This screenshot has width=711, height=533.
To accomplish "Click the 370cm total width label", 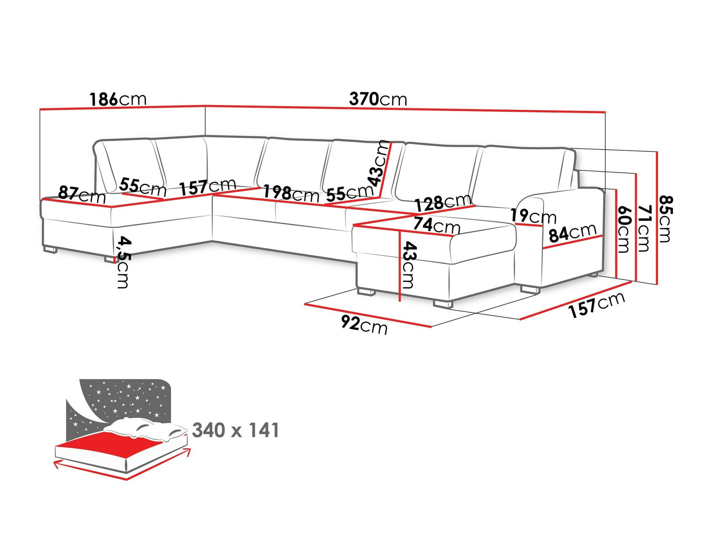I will (x=378, y=99).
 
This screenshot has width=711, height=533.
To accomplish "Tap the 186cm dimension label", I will (x=118, y=100).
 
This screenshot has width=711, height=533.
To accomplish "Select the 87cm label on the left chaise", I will (x=82, y=194).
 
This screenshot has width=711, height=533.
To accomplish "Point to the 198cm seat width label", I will (x=291, y=194).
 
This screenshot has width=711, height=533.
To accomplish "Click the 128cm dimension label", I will (x=443, y=203).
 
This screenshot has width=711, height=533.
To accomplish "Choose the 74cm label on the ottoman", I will (x=437, y=225).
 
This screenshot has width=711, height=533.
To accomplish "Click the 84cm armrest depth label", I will (x=572, y=233).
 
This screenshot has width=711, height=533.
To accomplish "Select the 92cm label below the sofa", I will (x=364, y=324).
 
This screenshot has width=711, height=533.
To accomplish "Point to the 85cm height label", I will (x=665, y=219).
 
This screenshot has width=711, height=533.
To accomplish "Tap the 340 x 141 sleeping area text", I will (x=236, y=430).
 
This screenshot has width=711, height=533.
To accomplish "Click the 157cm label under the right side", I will (x=597, y=305).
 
